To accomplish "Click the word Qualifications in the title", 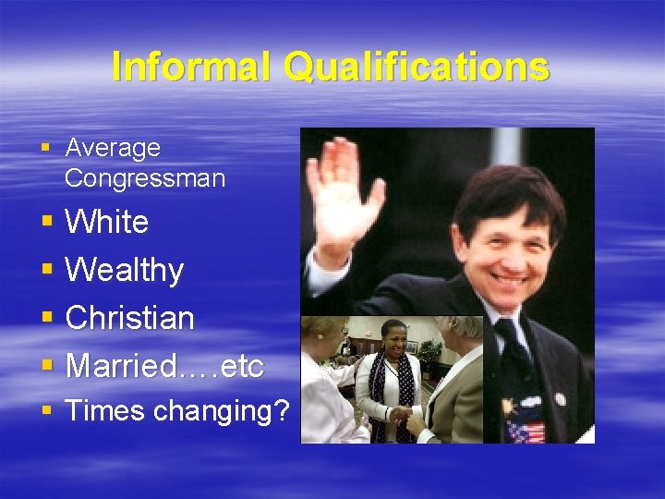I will click(x=417, y=67).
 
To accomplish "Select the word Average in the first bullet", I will click(x=113, y=148).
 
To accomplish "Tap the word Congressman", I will click(x=145, y=178).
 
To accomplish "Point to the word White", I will click(x=107, y=222).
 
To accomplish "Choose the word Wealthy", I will click(x=125, y=271).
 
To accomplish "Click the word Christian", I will click(x=130, y=318).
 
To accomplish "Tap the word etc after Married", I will click(x=243, y=367).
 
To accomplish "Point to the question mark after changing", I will click(x=281, y=410).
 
